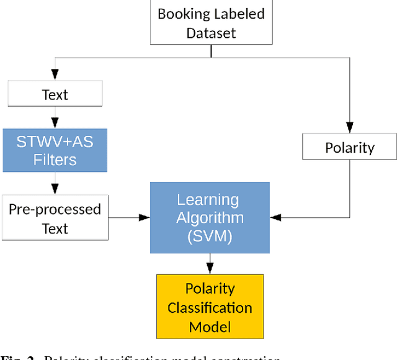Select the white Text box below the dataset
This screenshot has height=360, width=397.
[55, 95]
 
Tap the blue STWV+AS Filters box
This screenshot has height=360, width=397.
[55, 150]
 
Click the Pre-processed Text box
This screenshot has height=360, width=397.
[55, 218]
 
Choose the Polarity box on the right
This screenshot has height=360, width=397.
[350, 148]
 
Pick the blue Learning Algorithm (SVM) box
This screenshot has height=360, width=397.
[210, 217]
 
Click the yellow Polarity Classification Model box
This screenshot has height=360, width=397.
[210, 307]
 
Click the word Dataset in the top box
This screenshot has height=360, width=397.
[210, 32]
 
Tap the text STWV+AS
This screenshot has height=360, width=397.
[55, 142]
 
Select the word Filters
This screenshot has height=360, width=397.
[55, 160]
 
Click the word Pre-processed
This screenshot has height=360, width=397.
[55, 209]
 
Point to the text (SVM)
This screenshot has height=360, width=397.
[210, 236]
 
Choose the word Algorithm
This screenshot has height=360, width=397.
[210, 218]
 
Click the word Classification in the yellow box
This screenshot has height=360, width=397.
[210, 307]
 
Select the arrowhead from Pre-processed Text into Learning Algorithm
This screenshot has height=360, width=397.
[145, 217]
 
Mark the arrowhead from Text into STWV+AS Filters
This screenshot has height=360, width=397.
[55, 123]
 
